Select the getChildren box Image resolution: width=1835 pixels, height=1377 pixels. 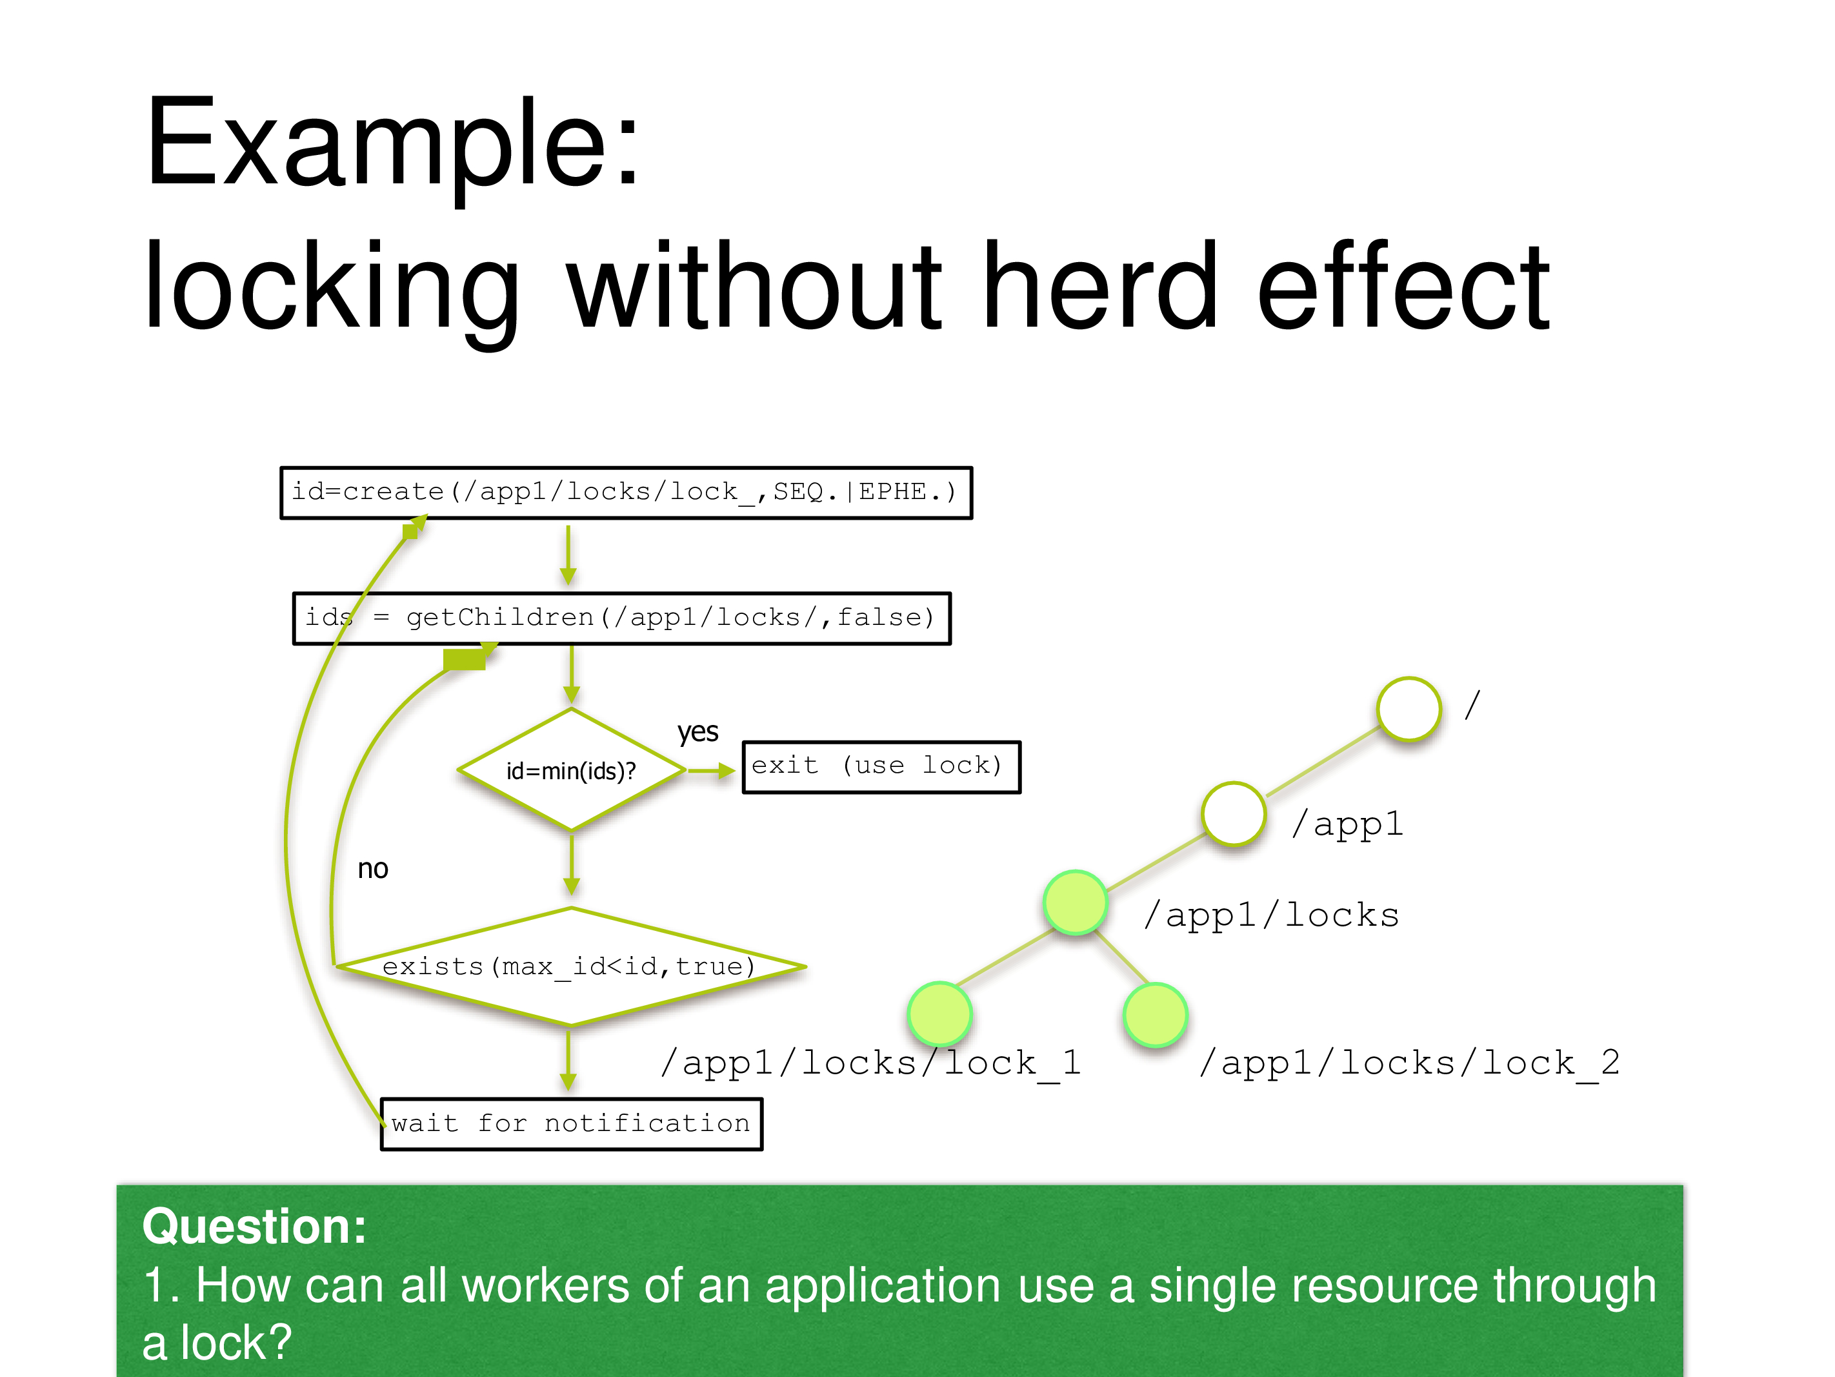point(621,618)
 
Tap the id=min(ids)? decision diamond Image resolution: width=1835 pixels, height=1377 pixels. point(571,770)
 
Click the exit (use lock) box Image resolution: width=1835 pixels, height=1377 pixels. point(881,767)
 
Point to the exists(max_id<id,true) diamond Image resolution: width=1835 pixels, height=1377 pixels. point(571,967)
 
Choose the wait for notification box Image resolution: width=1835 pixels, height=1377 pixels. point(571,1124)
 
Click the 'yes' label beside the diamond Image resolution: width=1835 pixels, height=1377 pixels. point(697,732)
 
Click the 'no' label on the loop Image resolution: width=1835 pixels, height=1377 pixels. point(372,869)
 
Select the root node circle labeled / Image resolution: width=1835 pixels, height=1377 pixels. point(1409,708)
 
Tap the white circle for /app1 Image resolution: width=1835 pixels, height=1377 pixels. point(1234,813)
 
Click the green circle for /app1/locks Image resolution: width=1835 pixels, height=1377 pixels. point(1075,903)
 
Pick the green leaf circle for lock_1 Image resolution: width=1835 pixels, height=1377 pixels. point(940,1014)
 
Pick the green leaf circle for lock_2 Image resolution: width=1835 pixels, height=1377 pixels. point(1156,1014)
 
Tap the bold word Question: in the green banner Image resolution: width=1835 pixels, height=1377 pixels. point(254,1226)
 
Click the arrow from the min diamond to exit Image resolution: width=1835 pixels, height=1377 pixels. point(711,771)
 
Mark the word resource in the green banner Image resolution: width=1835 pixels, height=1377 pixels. point(1313,1286)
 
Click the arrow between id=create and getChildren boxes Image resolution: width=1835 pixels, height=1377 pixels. point(568,555)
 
